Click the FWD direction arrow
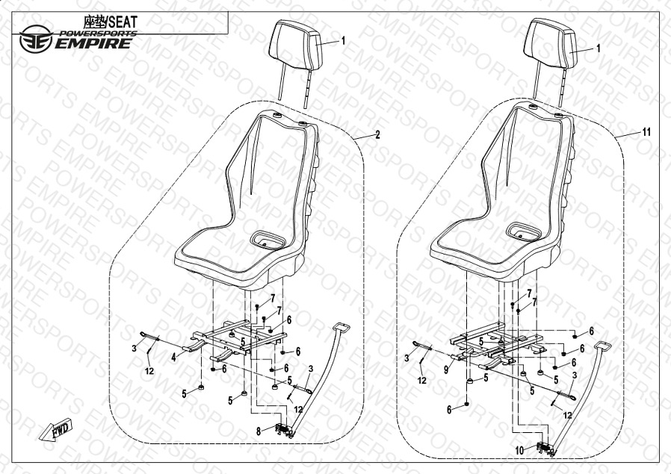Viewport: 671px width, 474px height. click(55, 429)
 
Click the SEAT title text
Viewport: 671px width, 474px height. click(123, 22)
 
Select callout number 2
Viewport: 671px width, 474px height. click(377, 135)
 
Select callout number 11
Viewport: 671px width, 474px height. click(646, 132)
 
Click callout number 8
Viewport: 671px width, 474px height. click(259, 431)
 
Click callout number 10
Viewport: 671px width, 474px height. click(519, 451)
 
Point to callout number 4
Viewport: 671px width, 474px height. click(174, 358)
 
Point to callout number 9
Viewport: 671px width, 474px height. click(446, 369)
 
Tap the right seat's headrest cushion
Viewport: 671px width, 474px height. click(551, 43)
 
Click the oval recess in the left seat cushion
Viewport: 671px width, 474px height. click(268, 240)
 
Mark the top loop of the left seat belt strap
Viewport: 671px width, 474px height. click(341, 328)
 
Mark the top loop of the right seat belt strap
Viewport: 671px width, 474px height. click(602, 346)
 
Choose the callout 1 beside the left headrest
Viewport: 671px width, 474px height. click(343, 41)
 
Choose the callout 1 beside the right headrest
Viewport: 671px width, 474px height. click(599, 49)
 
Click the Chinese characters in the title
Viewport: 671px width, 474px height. click(95, 22)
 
